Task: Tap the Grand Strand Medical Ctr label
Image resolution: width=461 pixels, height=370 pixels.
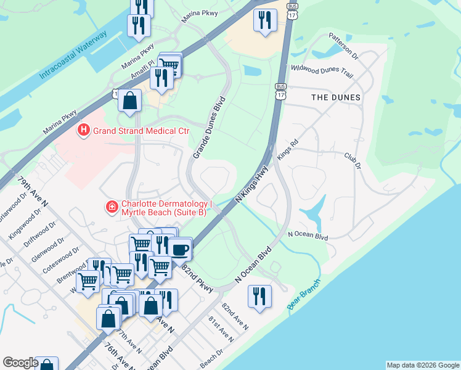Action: point(141,131)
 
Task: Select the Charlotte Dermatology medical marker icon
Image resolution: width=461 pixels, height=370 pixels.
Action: point(112,207)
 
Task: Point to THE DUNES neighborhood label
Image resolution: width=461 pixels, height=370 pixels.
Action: point(335,97)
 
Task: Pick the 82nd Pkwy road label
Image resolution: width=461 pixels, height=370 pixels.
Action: point(197,277)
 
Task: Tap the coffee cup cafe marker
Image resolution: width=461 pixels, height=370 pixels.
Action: point(180,249)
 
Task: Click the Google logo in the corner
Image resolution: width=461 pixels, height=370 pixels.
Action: point(20,363)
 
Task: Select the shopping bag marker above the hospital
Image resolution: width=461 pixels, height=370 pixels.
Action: point(130,101)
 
